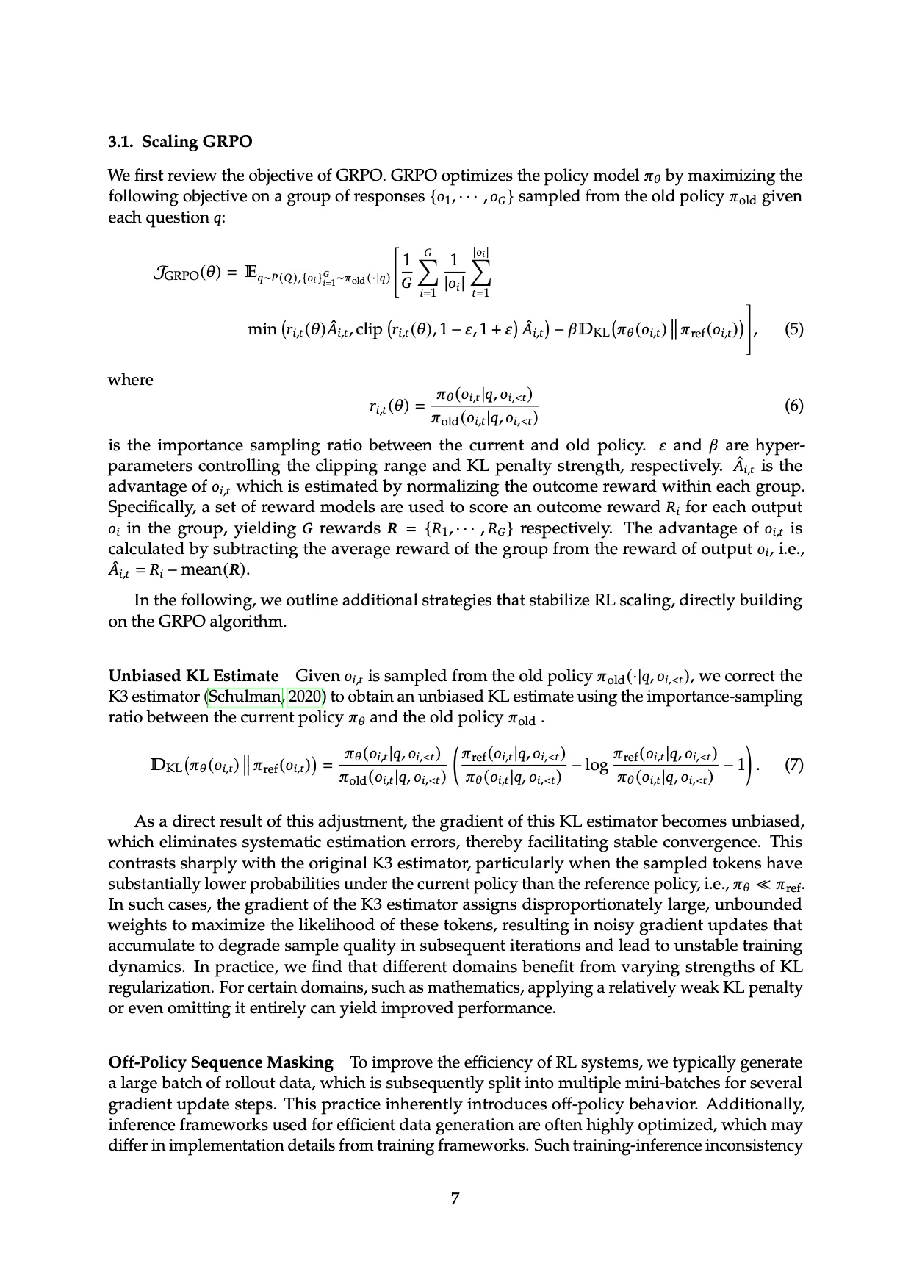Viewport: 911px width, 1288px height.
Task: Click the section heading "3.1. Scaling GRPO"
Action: coord(180,142)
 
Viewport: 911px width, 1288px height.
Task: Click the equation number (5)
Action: coord(793,328)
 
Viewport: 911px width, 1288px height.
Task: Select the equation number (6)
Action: coord(793,406)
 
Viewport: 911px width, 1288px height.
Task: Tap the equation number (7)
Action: coord(793,765)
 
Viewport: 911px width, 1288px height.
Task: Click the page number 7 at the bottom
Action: coord(455,1198)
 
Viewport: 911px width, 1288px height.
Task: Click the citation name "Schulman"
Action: coord(245,697)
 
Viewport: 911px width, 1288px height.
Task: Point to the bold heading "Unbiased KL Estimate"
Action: coord(193,676)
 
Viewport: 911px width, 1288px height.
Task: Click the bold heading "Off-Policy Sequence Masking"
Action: coord(220,1062)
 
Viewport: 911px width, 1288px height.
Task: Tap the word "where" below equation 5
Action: coord(131,380)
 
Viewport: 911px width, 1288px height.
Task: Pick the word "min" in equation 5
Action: coord(262,329)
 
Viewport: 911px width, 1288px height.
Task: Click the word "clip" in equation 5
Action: coord(369,329)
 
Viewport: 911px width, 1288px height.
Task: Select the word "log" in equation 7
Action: coord(596,766)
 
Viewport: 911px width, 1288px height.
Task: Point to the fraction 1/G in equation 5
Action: coord(406,272)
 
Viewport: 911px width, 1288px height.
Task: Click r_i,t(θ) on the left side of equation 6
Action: coord(389,406)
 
